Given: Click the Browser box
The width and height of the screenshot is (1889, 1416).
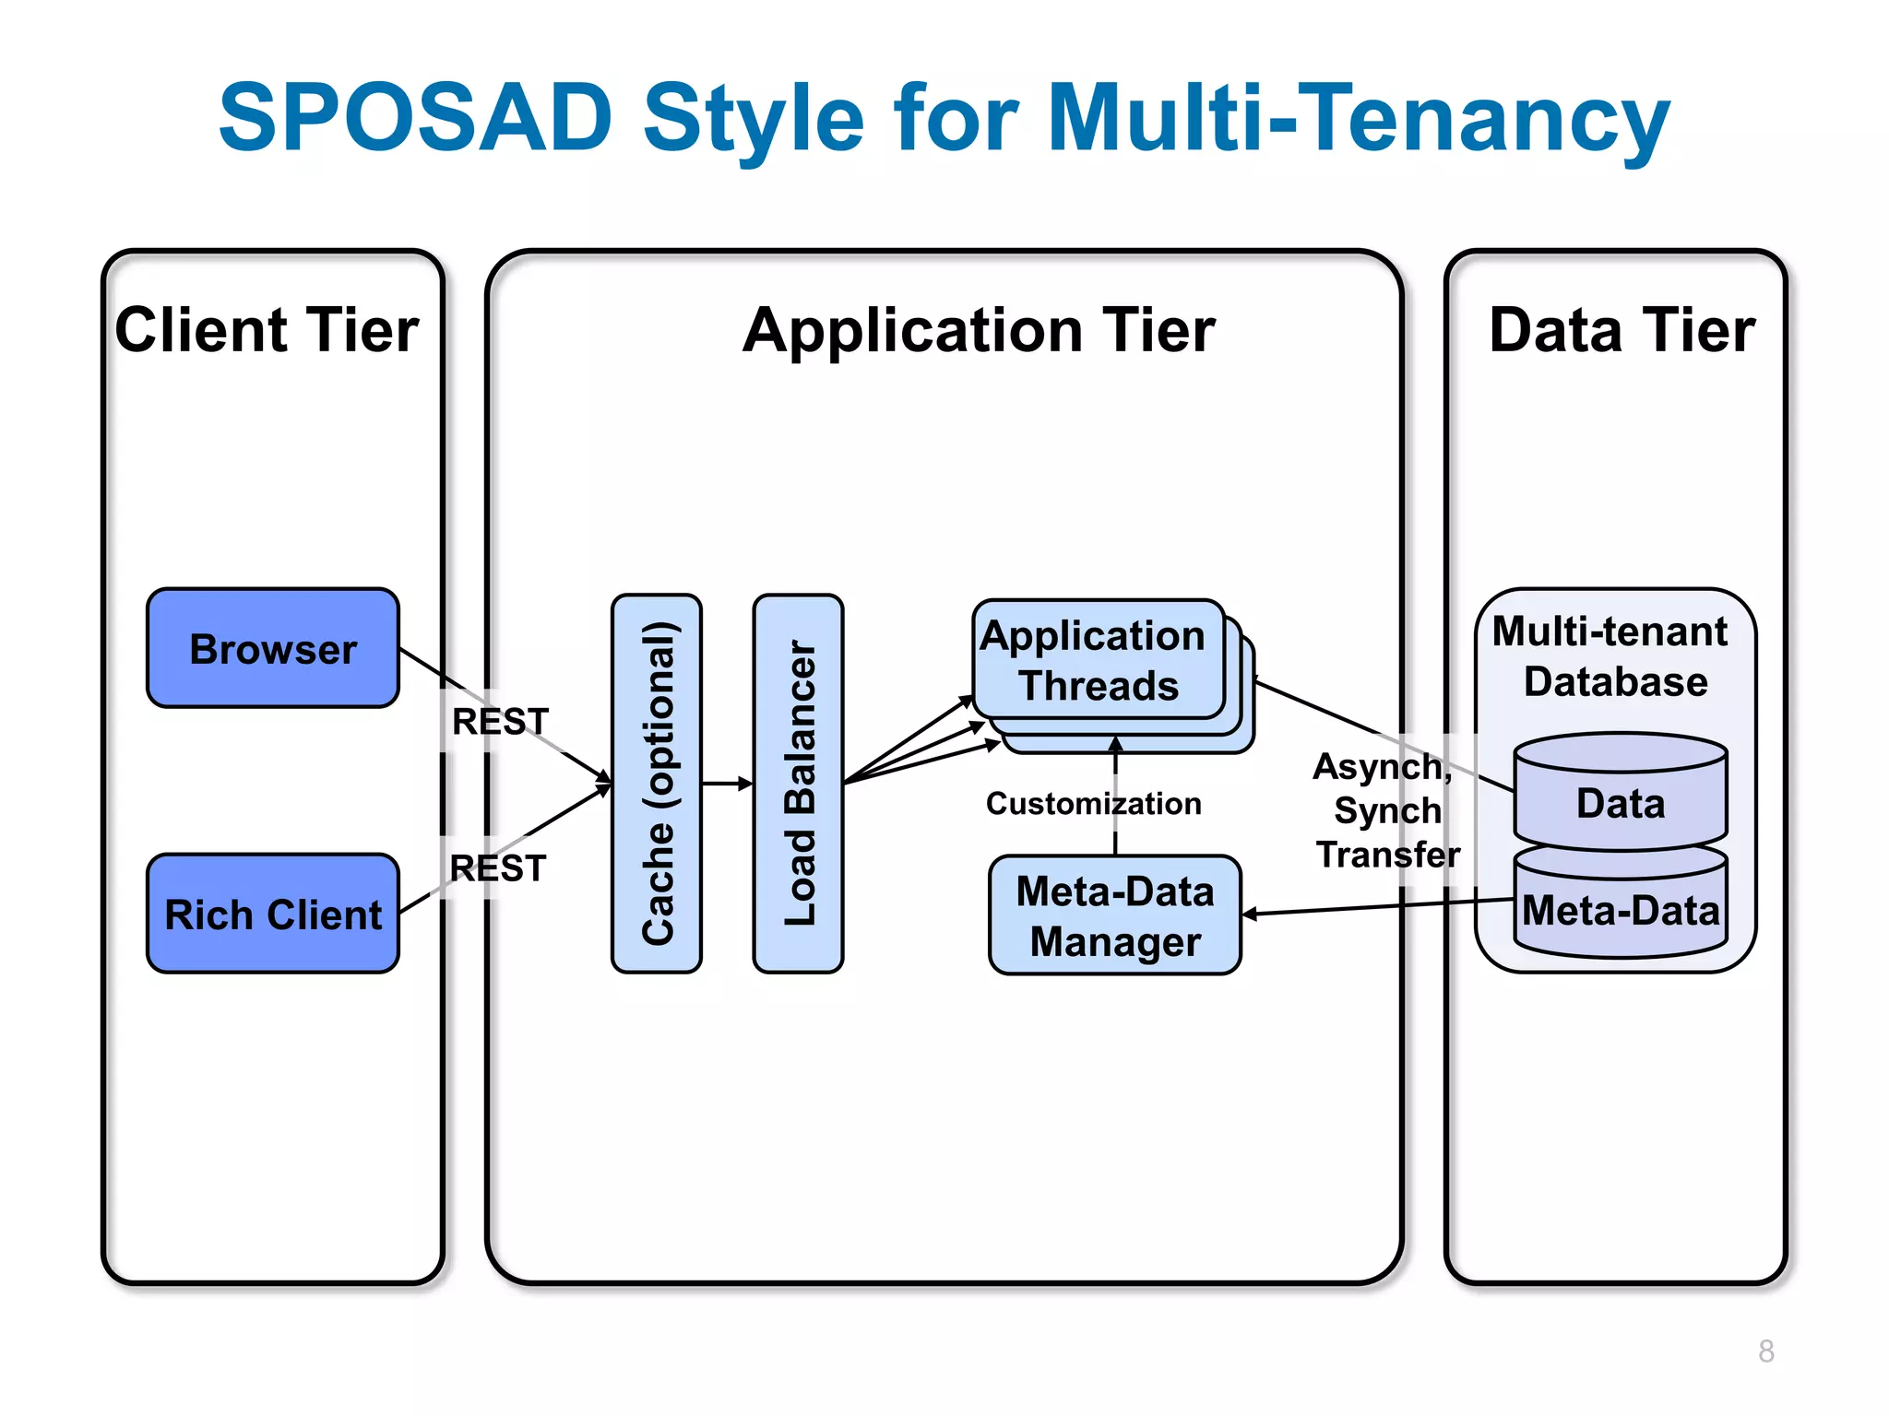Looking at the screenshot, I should click(x=273, y=648).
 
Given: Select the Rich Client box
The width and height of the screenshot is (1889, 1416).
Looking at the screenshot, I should click(x=273, y=914).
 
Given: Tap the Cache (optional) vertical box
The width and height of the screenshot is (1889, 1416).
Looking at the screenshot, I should click(x=657, y=784).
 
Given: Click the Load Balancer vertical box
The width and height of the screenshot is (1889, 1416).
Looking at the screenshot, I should click(x=799, y=784).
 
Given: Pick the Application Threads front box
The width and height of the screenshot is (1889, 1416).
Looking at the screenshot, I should click(x=1098, y=660).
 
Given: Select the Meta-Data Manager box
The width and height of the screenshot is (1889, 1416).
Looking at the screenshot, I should click(x=1114, y=915).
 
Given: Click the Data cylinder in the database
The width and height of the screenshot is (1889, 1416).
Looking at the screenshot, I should click(x=1621, y=802).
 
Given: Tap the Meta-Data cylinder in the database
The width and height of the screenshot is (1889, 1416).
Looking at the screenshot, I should click(x=1621, y=911).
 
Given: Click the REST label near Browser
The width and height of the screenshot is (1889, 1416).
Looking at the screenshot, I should click(x=500, y=721).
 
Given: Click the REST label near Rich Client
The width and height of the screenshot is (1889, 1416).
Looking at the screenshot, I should click(x=498, y=868).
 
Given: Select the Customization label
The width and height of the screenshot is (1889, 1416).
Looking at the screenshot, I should click(x=1094, y=804).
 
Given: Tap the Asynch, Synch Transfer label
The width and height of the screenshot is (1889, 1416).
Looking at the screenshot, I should click(x=1386, y=810).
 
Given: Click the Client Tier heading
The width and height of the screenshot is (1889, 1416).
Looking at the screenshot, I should click(x=267, y=330).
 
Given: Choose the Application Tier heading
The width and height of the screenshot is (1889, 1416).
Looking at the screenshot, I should click(x=979, y=330).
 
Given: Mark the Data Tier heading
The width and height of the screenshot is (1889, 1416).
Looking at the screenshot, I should click(x=1622, y=330).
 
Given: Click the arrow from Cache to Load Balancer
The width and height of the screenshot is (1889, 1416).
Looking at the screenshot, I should click(x=727, y=784).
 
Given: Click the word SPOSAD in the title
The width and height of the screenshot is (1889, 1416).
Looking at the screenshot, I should click(x=415, y=118).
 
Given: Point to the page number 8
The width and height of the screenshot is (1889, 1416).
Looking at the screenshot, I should click(x=1765, y=1351).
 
